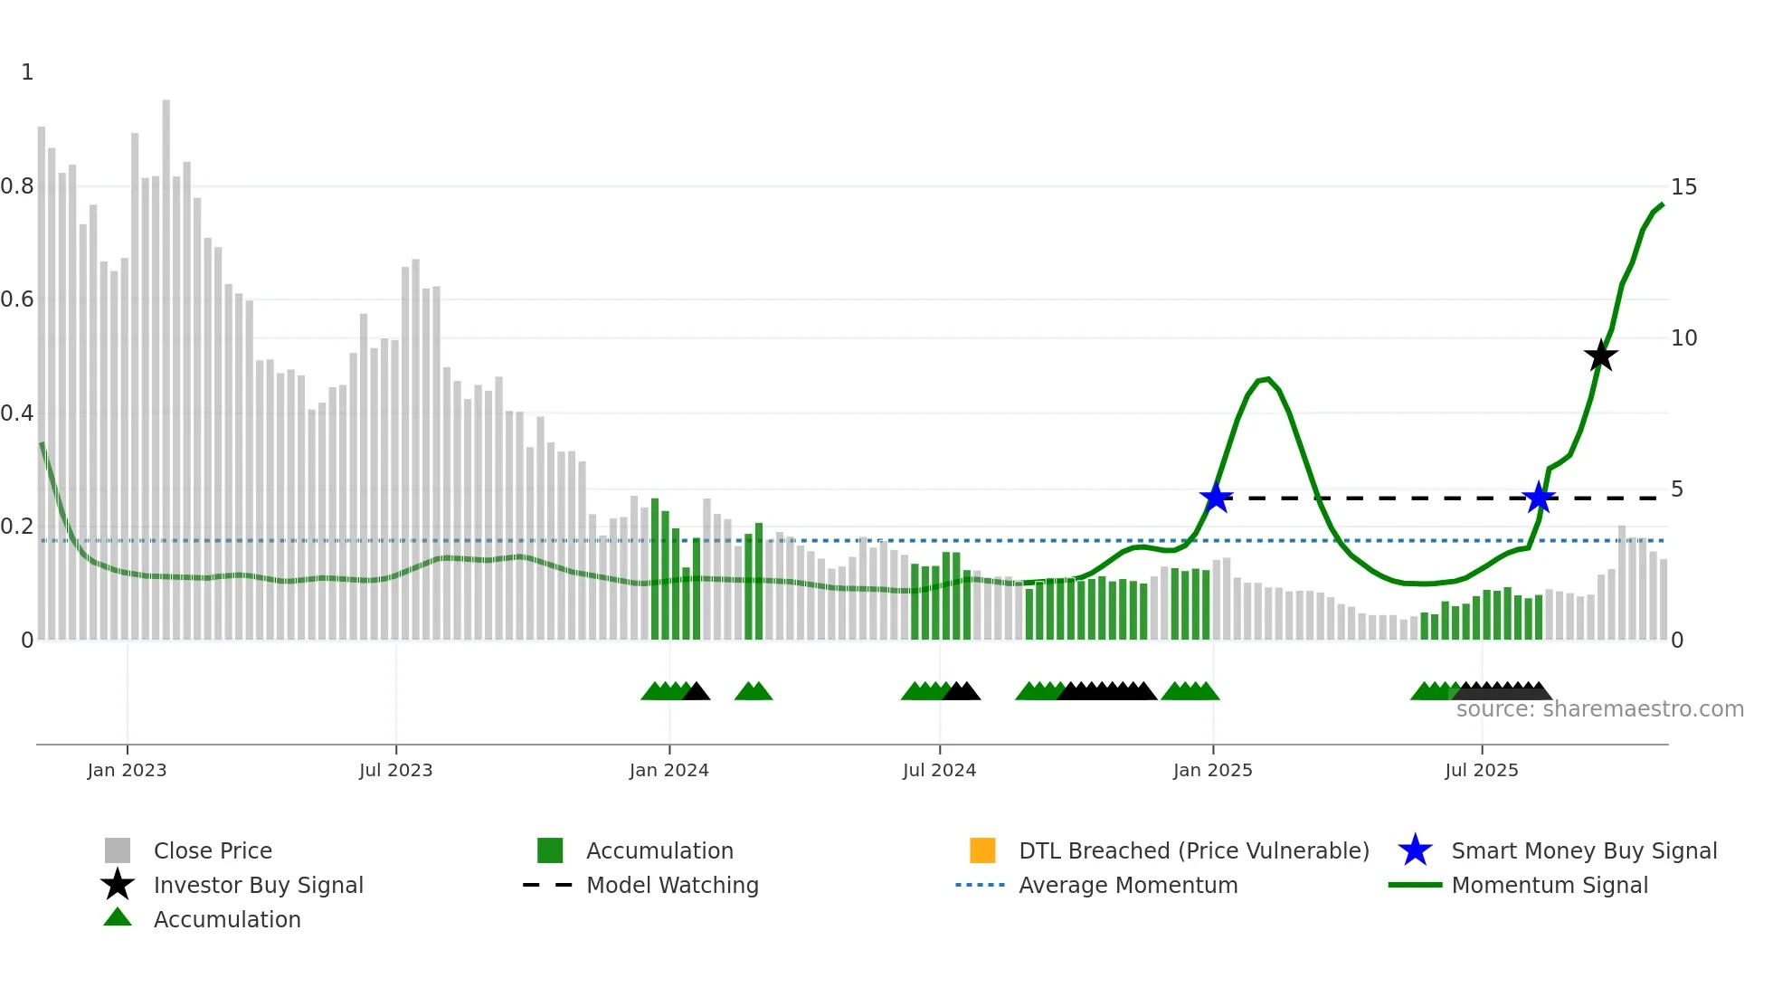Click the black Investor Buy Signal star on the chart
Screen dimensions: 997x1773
click(1600, 356)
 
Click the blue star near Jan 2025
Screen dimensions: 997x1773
click(1216, 498)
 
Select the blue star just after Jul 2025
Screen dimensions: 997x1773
click(1539, 498)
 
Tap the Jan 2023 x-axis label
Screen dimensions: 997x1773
click(127, 770)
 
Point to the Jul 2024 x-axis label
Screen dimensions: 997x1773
click(939, 770)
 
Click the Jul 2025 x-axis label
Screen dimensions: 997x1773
click(1481, 770)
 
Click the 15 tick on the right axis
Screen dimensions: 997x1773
click(1683, 187)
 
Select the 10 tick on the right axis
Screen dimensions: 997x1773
click(1683, 338)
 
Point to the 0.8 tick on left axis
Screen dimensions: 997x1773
click(17, 186)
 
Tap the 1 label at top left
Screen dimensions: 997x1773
click(27, 72)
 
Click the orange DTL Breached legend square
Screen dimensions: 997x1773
click(982, 850)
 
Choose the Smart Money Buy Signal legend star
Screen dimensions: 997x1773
click(1415, 850)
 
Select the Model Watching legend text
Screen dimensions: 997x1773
click(672, 885)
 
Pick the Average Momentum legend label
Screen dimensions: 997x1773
click(1128, 885)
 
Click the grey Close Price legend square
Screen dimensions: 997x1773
click(118, 850)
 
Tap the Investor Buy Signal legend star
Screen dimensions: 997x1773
click(118, 885)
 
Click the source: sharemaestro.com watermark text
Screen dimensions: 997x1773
click(1599, 709)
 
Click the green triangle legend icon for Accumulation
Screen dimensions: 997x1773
click(118, 918)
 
